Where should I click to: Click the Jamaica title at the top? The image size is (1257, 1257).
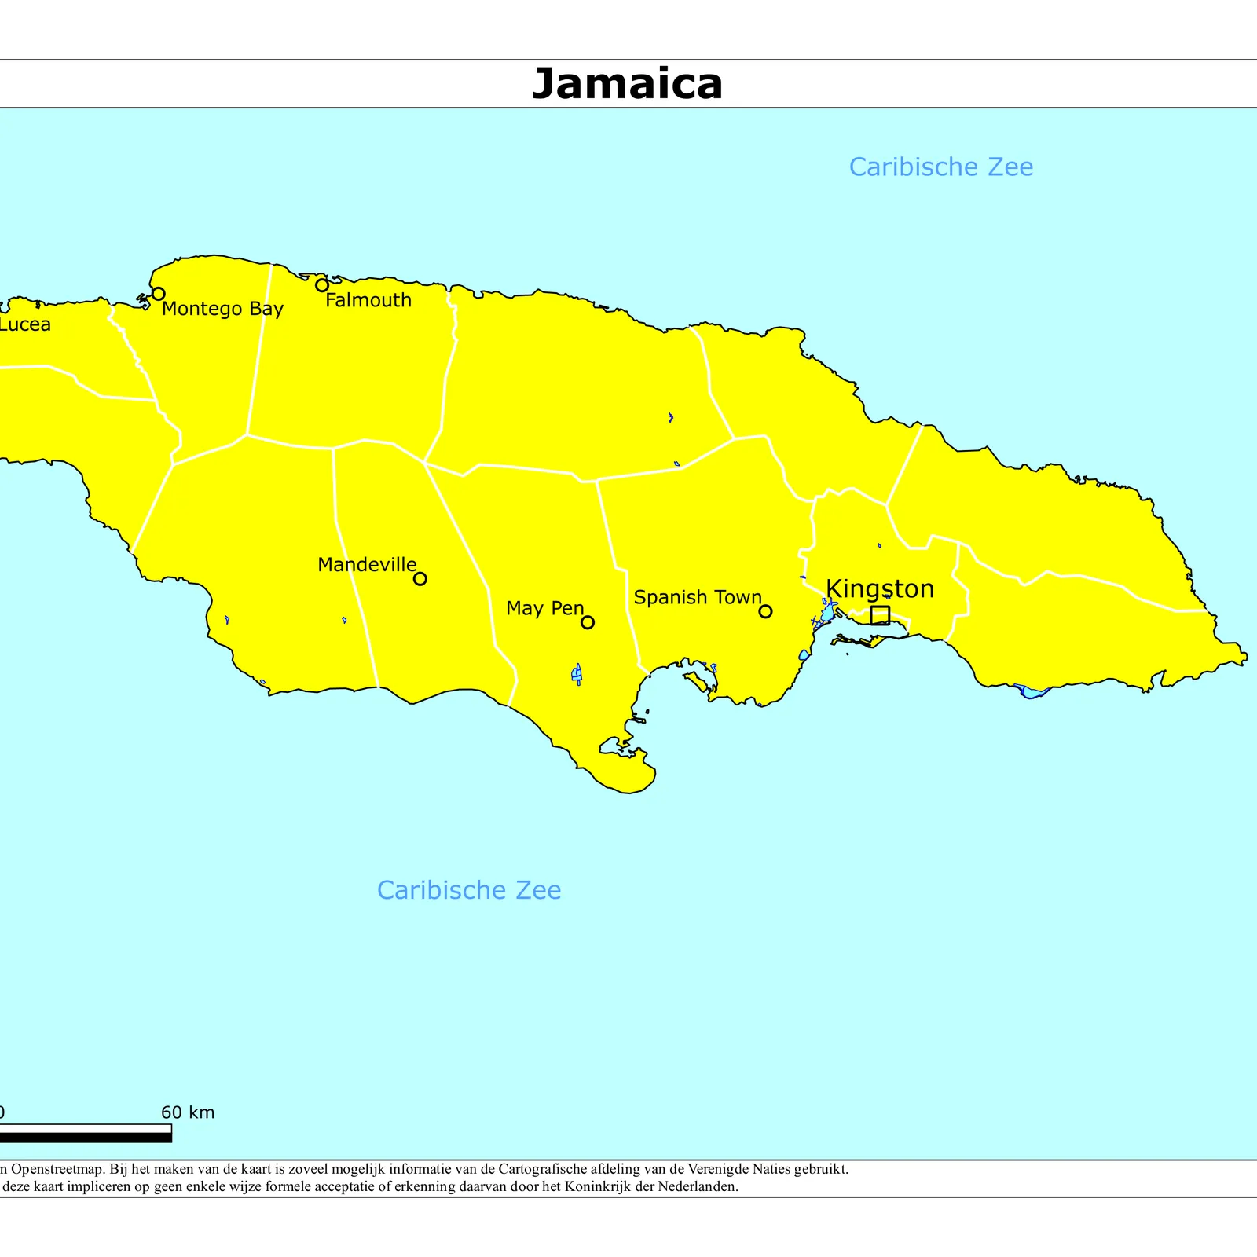627,84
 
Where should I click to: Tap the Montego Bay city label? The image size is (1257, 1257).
222,309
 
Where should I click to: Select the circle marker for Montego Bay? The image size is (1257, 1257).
158,294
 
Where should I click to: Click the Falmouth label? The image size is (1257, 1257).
368,300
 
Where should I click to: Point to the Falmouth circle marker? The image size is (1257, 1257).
322,285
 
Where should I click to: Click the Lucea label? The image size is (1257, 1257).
25,324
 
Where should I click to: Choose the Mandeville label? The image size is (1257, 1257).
367,565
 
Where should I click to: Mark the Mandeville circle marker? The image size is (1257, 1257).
420,579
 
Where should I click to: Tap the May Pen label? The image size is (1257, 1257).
545,608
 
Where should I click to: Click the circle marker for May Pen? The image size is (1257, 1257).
588,622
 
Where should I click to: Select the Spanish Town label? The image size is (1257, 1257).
698,597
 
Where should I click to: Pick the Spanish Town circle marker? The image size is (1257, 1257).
765,611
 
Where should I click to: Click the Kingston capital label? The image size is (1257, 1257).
880,588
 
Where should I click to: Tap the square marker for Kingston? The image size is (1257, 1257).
880,615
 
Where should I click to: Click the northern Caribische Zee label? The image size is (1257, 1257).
941,167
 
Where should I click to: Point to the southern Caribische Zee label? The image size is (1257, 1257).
469,890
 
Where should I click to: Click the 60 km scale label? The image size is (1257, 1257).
188,1112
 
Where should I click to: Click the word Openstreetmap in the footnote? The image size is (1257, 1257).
55,1169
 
